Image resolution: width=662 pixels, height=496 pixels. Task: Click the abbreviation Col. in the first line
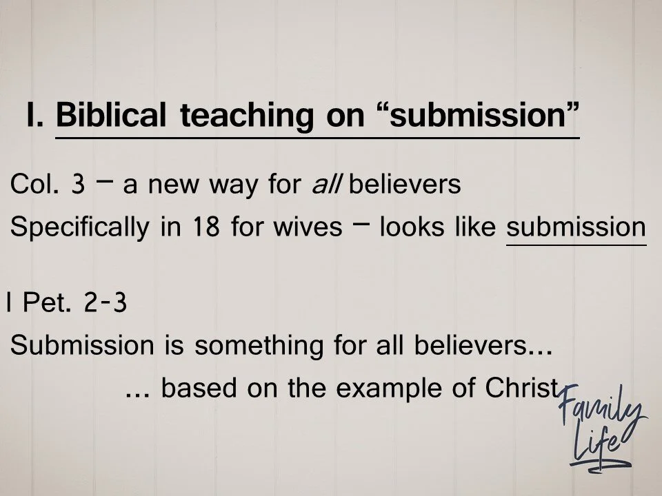[x=35, y=186]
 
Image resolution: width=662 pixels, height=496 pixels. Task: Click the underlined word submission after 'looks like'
[x=576, y=227]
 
